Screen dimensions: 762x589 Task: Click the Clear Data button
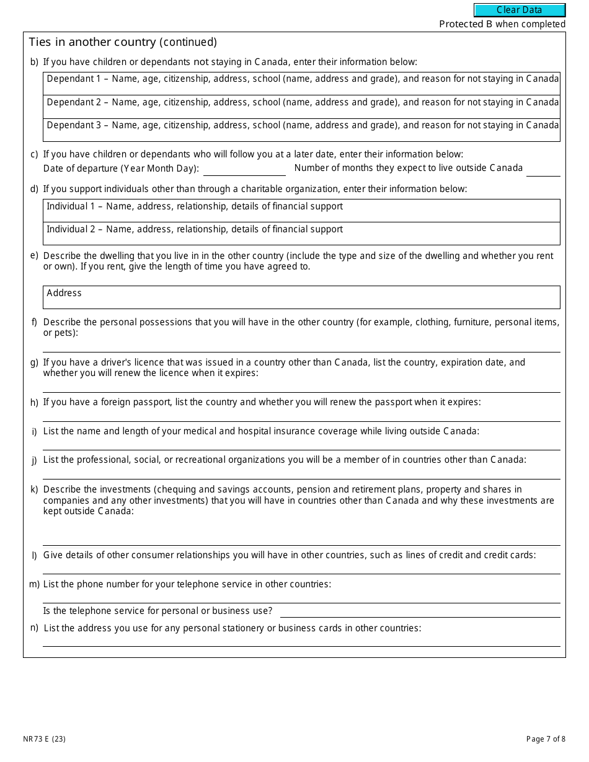point(520,10)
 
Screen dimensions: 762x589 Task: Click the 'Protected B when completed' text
point(502,24)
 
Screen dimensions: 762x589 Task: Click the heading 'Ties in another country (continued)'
point(123,42)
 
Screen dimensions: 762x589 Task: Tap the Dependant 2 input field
point(301,107)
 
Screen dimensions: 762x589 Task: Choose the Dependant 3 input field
point(301,130)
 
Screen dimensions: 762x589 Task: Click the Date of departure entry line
point(244,169)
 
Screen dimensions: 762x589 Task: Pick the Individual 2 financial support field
point(301,234)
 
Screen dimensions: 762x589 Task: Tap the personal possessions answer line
point(301,346)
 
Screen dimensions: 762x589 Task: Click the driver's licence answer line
point(301,386)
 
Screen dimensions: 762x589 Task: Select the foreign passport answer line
point(301,415)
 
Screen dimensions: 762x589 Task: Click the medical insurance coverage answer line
point(301,444)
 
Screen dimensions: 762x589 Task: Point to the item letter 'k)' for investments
point(34,489)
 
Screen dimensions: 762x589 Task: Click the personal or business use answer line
point(420,611)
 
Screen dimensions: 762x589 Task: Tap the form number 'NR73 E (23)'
point(44,738)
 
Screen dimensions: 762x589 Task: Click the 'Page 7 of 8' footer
point(546,738)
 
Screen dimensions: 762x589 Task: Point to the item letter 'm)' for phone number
point(34,584)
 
